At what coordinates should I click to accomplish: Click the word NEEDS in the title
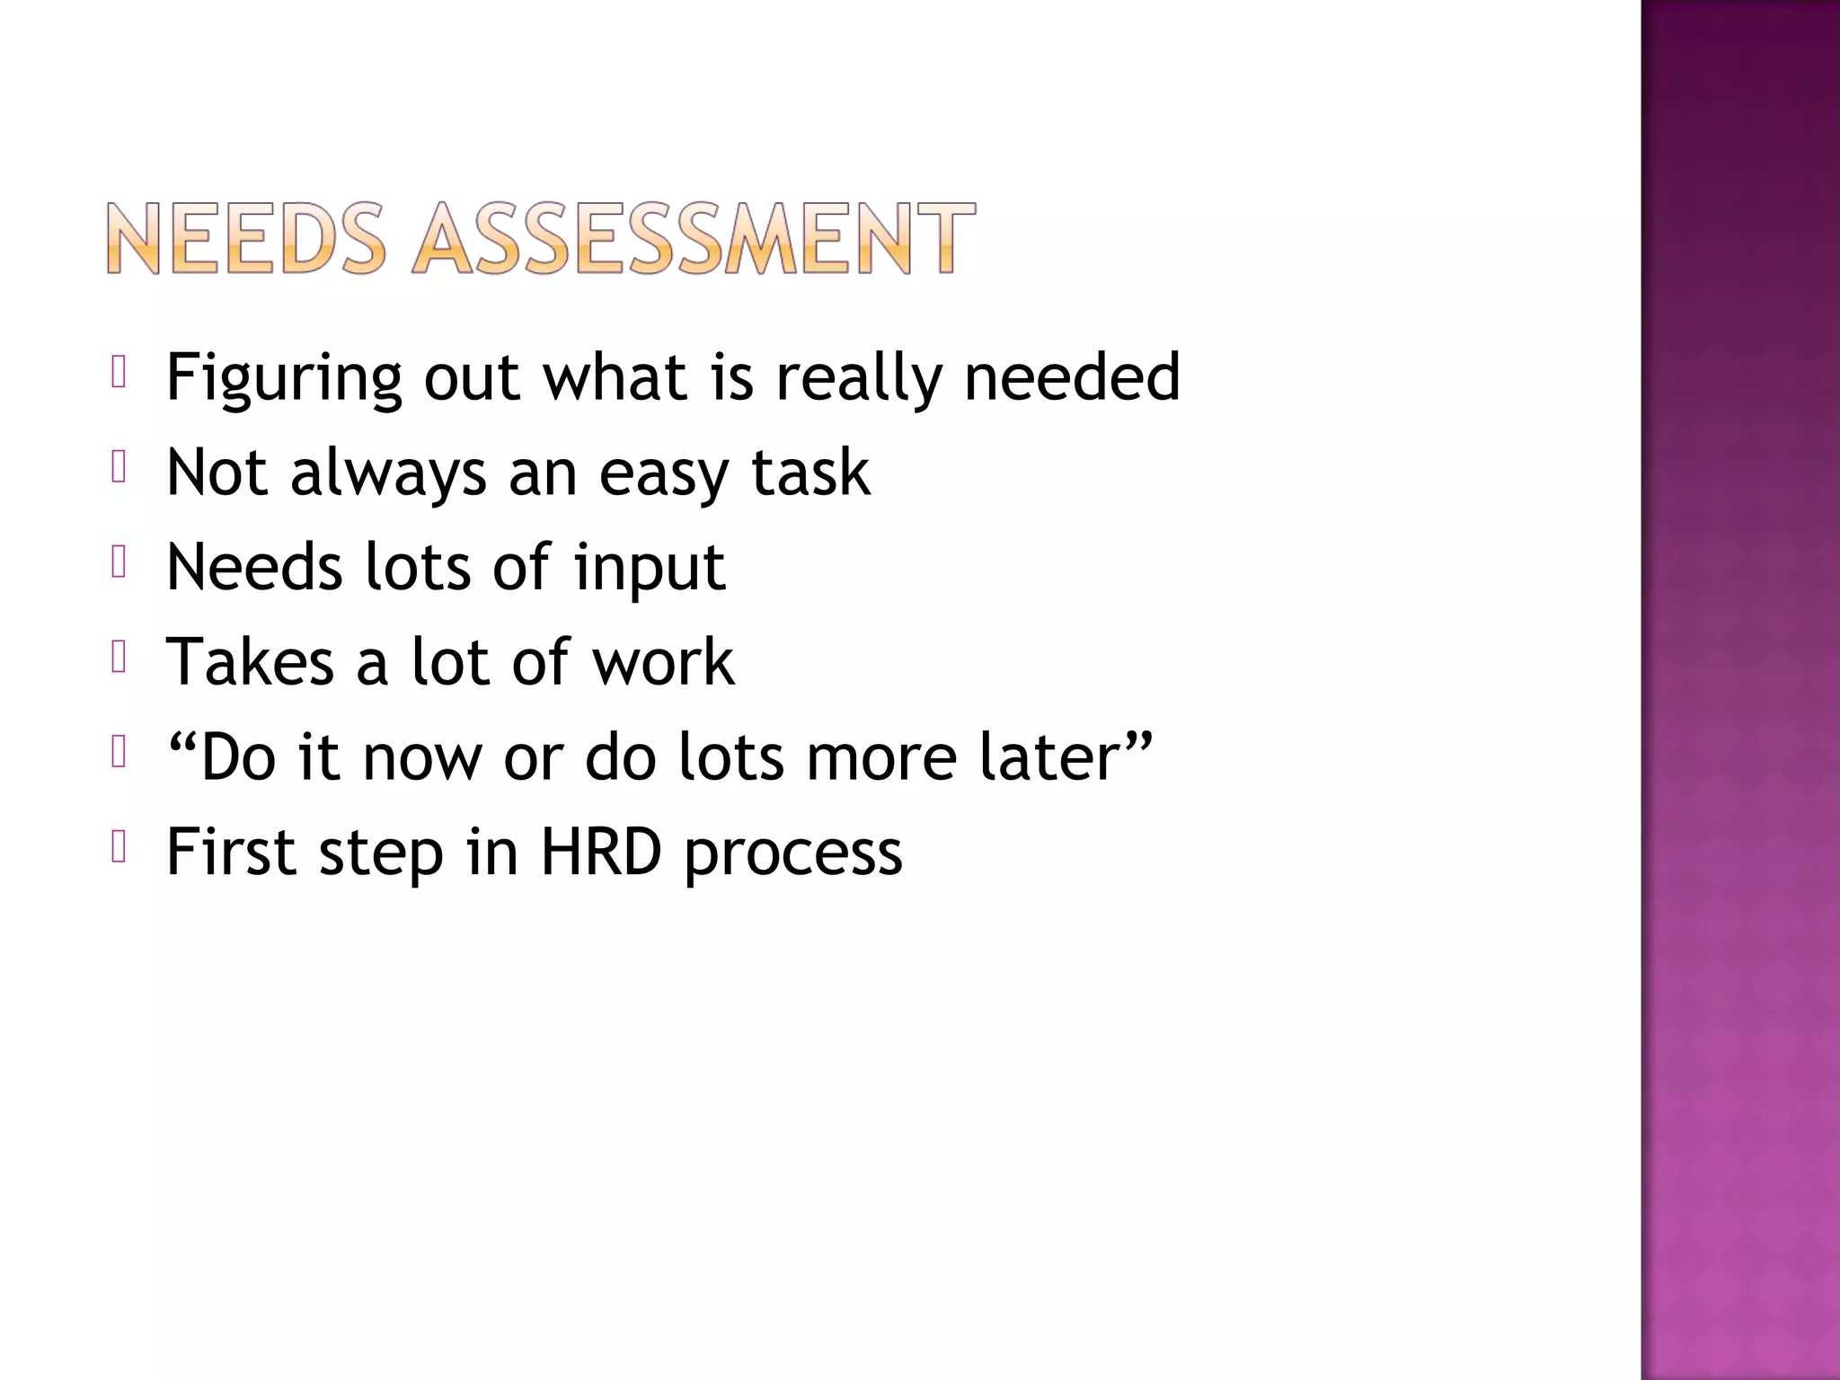[246, 238]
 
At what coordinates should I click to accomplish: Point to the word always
[388, 473]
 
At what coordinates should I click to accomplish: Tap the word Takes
[251, 661]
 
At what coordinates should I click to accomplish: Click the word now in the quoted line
[422, 757]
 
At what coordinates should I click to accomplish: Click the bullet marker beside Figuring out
[118, 372]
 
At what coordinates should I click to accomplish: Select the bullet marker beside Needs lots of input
[118, 562]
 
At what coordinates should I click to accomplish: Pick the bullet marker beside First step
[118, 846]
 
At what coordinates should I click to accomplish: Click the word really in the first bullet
[859, 378]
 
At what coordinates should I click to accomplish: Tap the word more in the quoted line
[880, 757]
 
